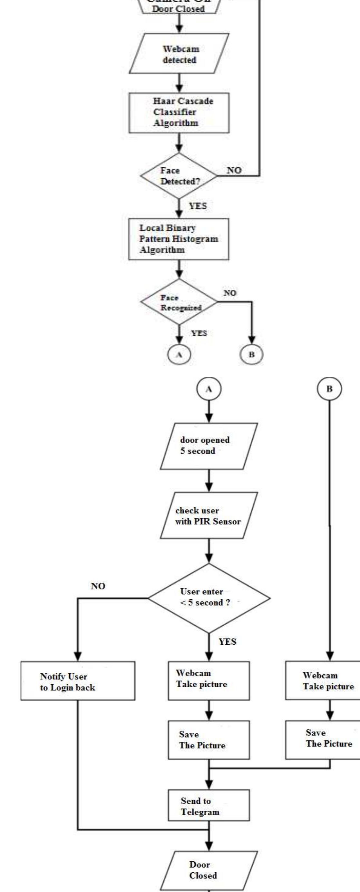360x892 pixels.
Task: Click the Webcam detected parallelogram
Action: pos(179,54)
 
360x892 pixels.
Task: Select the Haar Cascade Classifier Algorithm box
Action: pos(179,113)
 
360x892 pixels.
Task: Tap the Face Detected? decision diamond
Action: pos(179,176)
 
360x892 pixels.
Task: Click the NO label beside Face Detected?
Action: pos(234,170)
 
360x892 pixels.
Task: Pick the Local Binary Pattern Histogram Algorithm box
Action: pos(179,239)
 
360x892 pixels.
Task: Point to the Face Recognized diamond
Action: pos(179,302)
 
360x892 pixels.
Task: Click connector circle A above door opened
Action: pos(209,389)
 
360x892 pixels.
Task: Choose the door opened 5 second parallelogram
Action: pos(209,446)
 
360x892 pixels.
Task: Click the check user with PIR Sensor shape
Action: pos(209,516)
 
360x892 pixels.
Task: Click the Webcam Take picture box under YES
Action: pos(209,681)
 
